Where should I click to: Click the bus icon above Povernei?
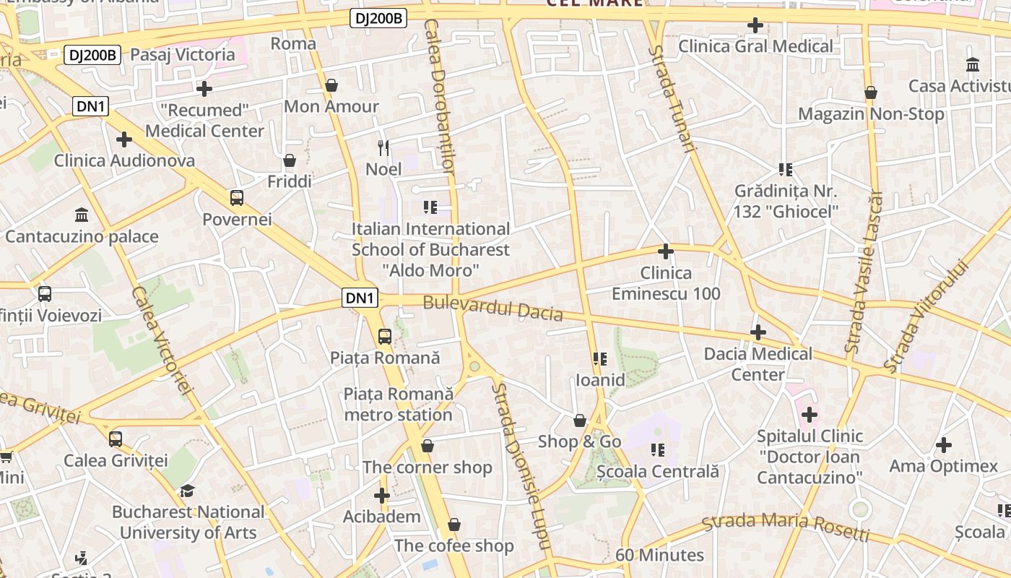(x=236, y=197)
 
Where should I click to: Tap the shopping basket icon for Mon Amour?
(x=331, y=85)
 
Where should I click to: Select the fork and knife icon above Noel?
(x=383, y=148)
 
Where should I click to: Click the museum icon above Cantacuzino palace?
(x=82, y=215)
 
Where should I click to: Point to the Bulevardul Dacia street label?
(x=493, y=308)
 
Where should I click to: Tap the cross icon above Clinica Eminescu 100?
(x=666, y=251)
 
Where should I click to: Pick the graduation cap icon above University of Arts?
(x=187, y=491)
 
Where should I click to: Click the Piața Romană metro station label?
(x=399, y=404)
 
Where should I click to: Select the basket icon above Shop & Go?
(x=579, y=420)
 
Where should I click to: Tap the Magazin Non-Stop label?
(x=871, y=114)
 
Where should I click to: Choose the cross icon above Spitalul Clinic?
(x=810, y=415)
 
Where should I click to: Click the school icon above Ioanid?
(x=599, y=359)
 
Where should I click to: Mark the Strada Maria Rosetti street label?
(x=786, y=527)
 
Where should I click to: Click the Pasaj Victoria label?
(x=183, y=54)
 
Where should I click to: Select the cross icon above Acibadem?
(x=382, y=496)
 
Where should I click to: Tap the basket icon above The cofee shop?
(x=454, y=525)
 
